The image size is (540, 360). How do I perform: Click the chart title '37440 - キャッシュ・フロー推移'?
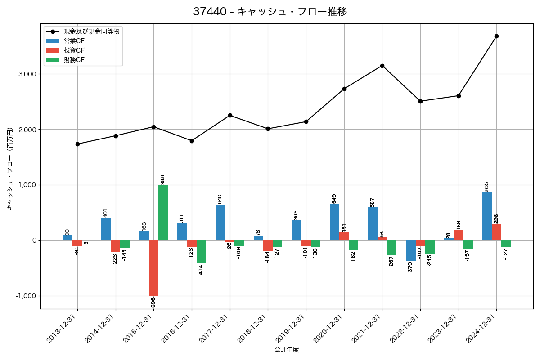pos(270,12)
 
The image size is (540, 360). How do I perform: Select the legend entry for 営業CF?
pos(74,41)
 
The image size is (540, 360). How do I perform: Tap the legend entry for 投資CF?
pos(74,50)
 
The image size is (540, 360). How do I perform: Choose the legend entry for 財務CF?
pos(74,60)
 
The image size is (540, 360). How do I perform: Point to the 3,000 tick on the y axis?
pos(27,74)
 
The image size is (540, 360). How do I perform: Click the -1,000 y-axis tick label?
pos(26,296)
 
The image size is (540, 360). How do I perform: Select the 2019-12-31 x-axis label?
pos(292,331)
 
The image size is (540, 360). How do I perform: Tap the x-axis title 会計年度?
pos(287,350)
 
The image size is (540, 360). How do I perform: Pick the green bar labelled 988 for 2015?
pos(163,213)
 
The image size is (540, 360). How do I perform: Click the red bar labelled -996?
pos(153,268)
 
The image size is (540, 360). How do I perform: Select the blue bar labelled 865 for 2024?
pos(487,216)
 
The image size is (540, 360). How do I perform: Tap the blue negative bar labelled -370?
pos(411,251)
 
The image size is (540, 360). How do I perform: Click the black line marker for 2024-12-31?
pos(496,36)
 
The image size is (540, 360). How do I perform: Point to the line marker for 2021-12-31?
pos(382,66)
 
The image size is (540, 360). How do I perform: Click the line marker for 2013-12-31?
pos(77,144)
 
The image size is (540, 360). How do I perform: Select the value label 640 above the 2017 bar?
pos(220,199)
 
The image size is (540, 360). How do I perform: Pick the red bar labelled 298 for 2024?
pos(496,232)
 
